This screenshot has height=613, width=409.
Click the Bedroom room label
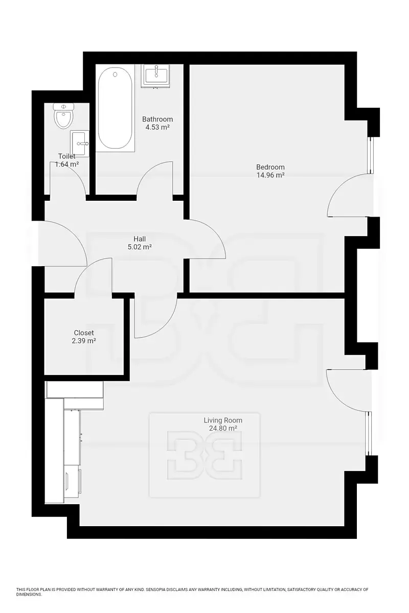[270, 167]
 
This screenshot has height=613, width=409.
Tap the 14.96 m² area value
[270, 175]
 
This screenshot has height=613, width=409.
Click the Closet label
[84, 333]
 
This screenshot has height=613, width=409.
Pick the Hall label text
[140, 239]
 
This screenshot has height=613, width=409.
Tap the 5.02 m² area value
[140, 247]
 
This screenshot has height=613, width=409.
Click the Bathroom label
[157, 120]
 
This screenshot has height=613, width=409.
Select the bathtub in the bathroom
[115, 108]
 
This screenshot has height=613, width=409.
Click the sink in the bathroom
[156, 76]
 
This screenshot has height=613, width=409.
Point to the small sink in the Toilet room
[80, 144]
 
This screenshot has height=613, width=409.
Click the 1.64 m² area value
[67, 164]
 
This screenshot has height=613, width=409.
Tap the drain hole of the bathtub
[115, 75]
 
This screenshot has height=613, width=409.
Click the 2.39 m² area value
[84, 341]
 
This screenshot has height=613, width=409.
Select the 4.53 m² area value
[157, 127]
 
